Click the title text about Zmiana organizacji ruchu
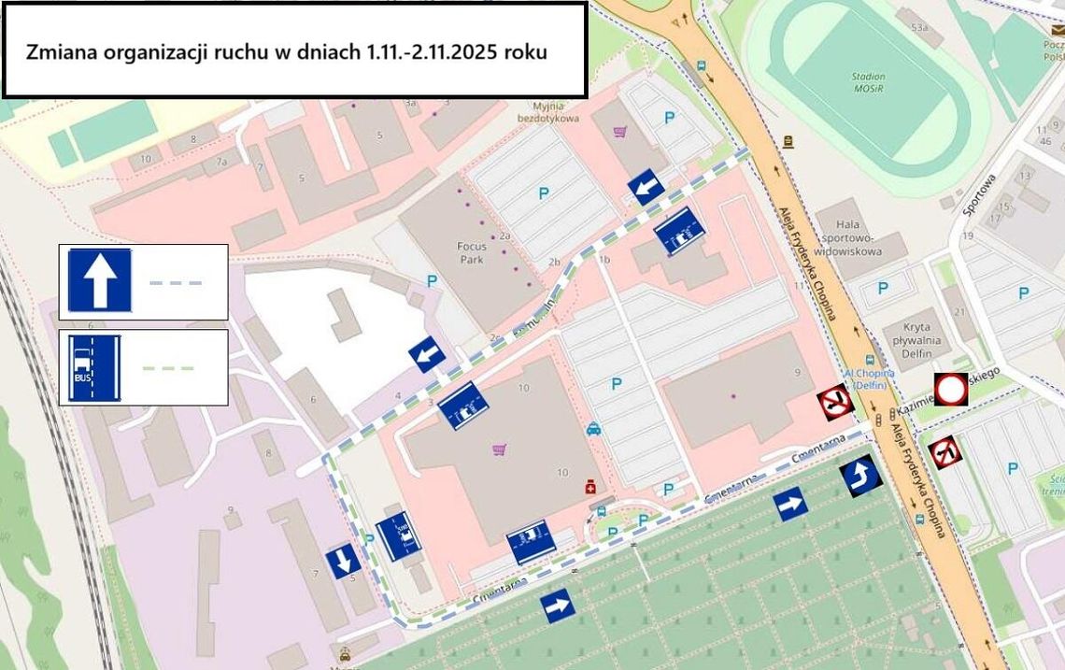pos(286,51)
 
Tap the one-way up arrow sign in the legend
pos(99,279)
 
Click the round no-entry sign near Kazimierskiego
pos(951,389)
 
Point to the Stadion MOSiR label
pos(868,81)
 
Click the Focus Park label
pos(471,253)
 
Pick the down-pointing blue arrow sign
pos(343,561)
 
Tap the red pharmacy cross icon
pos(589,486)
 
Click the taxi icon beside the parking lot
pos(592,429)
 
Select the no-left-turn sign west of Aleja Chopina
pos(833,403)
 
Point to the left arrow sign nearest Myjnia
pos(646,187)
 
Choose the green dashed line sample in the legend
pos(168,368)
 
